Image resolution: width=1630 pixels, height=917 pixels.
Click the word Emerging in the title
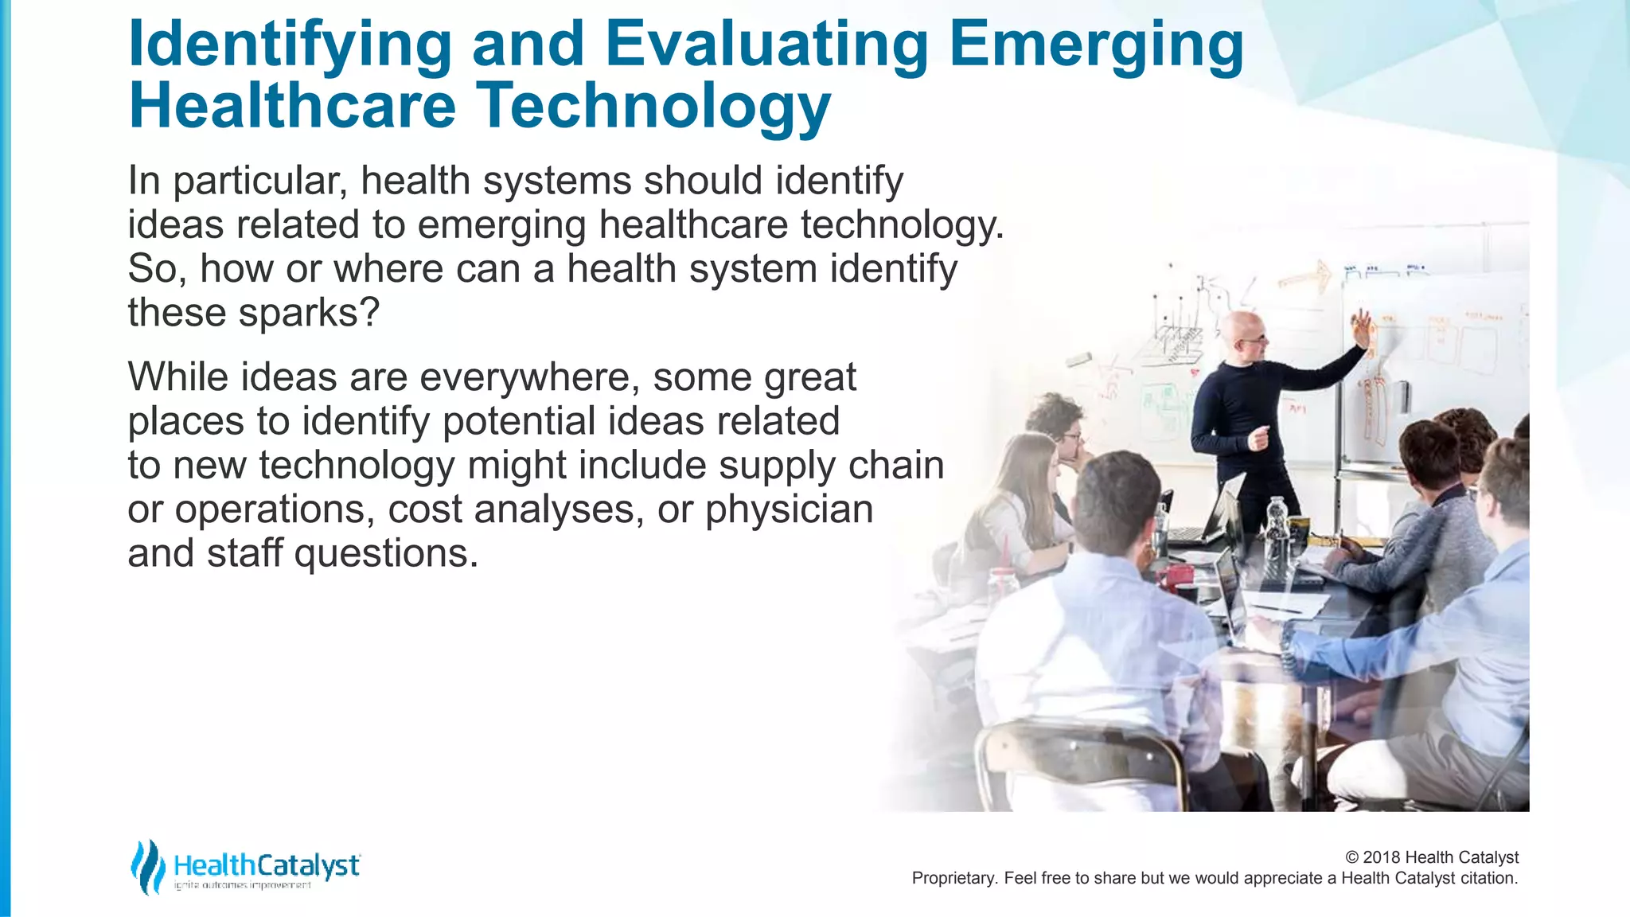click(1096, 45)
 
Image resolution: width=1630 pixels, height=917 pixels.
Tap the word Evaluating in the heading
click(766, 45)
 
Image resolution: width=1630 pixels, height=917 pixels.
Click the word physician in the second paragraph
click(789, 509)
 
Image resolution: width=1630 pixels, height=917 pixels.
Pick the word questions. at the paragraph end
click(386, 553)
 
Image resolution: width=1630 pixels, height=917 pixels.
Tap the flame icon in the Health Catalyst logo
click(147, 866)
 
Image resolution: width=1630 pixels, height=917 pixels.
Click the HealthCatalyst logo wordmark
click(266, 864)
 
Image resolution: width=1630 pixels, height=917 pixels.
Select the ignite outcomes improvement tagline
click(243, 886)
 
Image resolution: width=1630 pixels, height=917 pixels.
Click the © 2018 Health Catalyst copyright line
click(1431, 857)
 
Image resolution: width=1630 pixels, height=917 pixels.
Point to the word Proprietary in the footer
click(953, 878)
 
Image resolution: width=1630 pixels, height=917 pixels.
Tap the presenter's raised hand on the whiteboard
click(1363, 326)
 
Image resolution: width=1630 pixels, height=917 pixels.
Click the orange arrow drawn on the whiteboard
click(1305, 278)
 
